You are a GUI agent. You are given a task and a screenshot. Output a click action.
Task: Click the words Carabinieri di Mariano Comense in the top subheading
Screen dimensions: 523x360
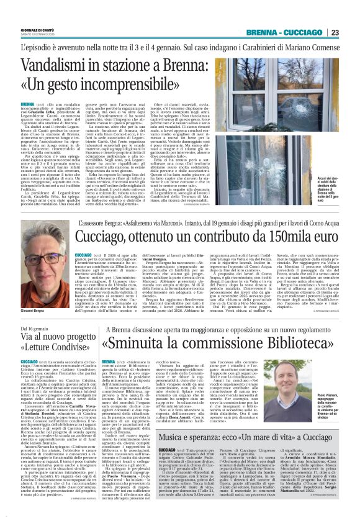[x=292, y=47]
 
